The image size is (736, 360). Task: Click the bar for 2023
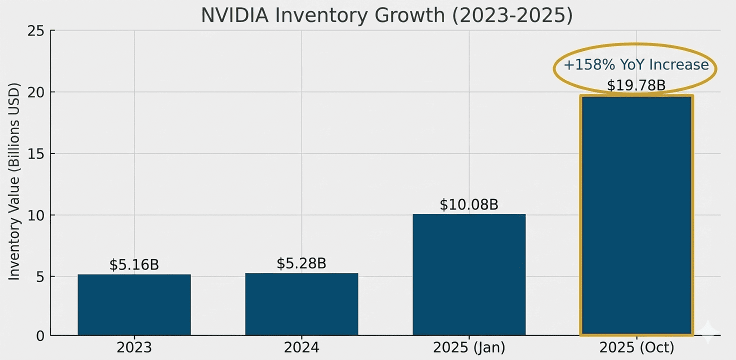pyautogui.click(x=134, y=304)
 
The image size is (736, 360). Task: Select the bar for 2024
pyautogui.click(x=301, y=304)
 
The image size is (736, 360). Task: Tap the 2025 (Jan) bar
pyautogui.click(x=469, y=274)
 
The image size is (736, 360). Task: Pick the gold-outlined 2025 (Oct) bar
pyautogui.click(x=636, y=215)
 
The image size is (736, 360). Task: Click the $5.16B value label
pyautogui.click(x=134, y=264)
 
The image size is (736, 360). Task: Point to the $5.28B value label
pyautogui.click(x=301, y=263)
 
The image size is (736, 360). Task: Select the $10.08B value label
pyautogui.click(x=469, y=204)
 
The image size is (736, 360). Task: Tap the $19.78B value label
pyautogui.click(x=636, y=85)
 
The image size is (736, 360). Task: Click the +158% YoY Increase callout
pyautogui.click(x=636, y=65)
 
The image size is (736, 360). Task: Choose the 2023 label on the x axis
pyautogui.click(x=134, y=347)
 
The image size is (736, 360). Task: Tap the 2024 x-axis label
pyautogui.click(x=301, y=347)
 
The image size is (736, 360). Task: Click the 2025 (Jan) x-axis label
pyautogui.click(x=469, y=347)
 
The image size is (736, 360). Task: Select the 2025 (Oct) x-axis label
pyautogui.click(x=636, y=347)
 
